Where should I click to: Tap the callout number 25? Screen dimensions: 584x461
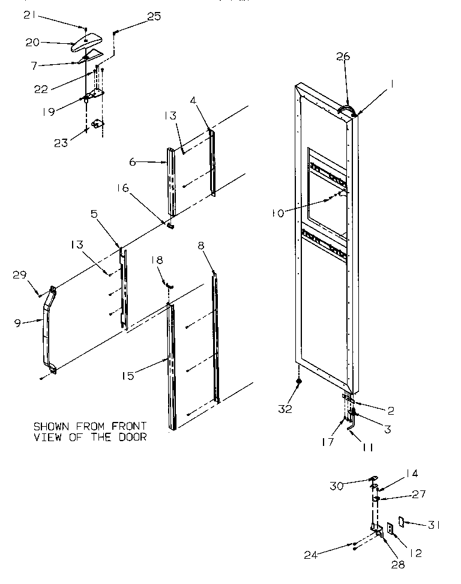[x=154, y=16]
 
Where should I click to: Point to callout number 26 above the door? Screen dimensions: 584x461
[x=343, y=56]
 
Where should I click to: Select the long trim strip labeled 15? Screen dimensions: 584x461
[x=172, y=366]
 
